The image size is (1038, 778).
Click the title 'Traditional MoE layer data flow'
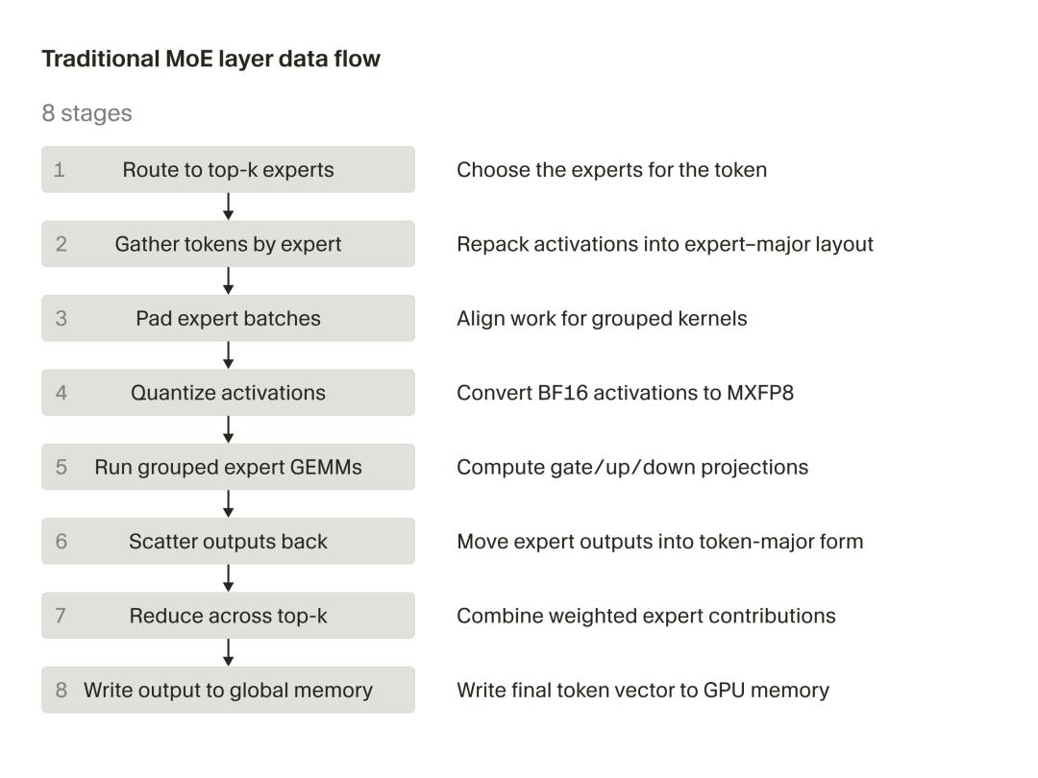[211, 59]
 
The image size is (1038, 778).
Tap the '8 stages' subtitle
[86, 113]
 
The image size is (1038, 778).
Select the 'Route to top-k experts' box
[229, 169]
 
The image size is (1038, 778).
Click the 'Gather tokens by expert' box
[229, 243]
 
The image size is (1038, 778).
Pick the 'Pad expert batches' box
[229, 318]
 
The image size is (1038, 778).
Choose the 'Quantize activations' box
[229, 392]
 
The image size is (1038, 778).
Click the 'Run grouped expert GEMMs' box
[229, 467]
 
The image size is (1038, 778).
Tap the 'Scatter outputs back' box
[229, 541]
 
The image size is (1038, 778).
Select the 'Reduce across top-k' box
[229, 616]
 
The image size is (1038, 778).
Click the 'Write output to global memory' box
[229, 690]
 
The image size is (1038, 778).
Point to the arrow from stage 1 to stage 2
[229, 207]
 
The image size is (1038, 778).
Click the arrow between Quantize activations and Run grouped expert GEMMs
[229, 429]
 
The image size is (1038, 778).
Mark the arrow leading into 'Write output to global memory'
[229, 652]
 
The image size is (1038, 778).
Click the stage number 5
[61, 467]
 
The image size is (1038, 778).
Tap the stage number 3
[61, 318]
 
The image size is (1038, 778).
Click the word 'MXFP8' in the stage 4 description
[760, 392]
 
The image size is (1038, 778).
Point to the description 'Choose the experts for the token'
[611, 169]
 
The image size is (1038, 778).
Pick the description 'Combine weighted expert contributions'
[646, 616]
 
